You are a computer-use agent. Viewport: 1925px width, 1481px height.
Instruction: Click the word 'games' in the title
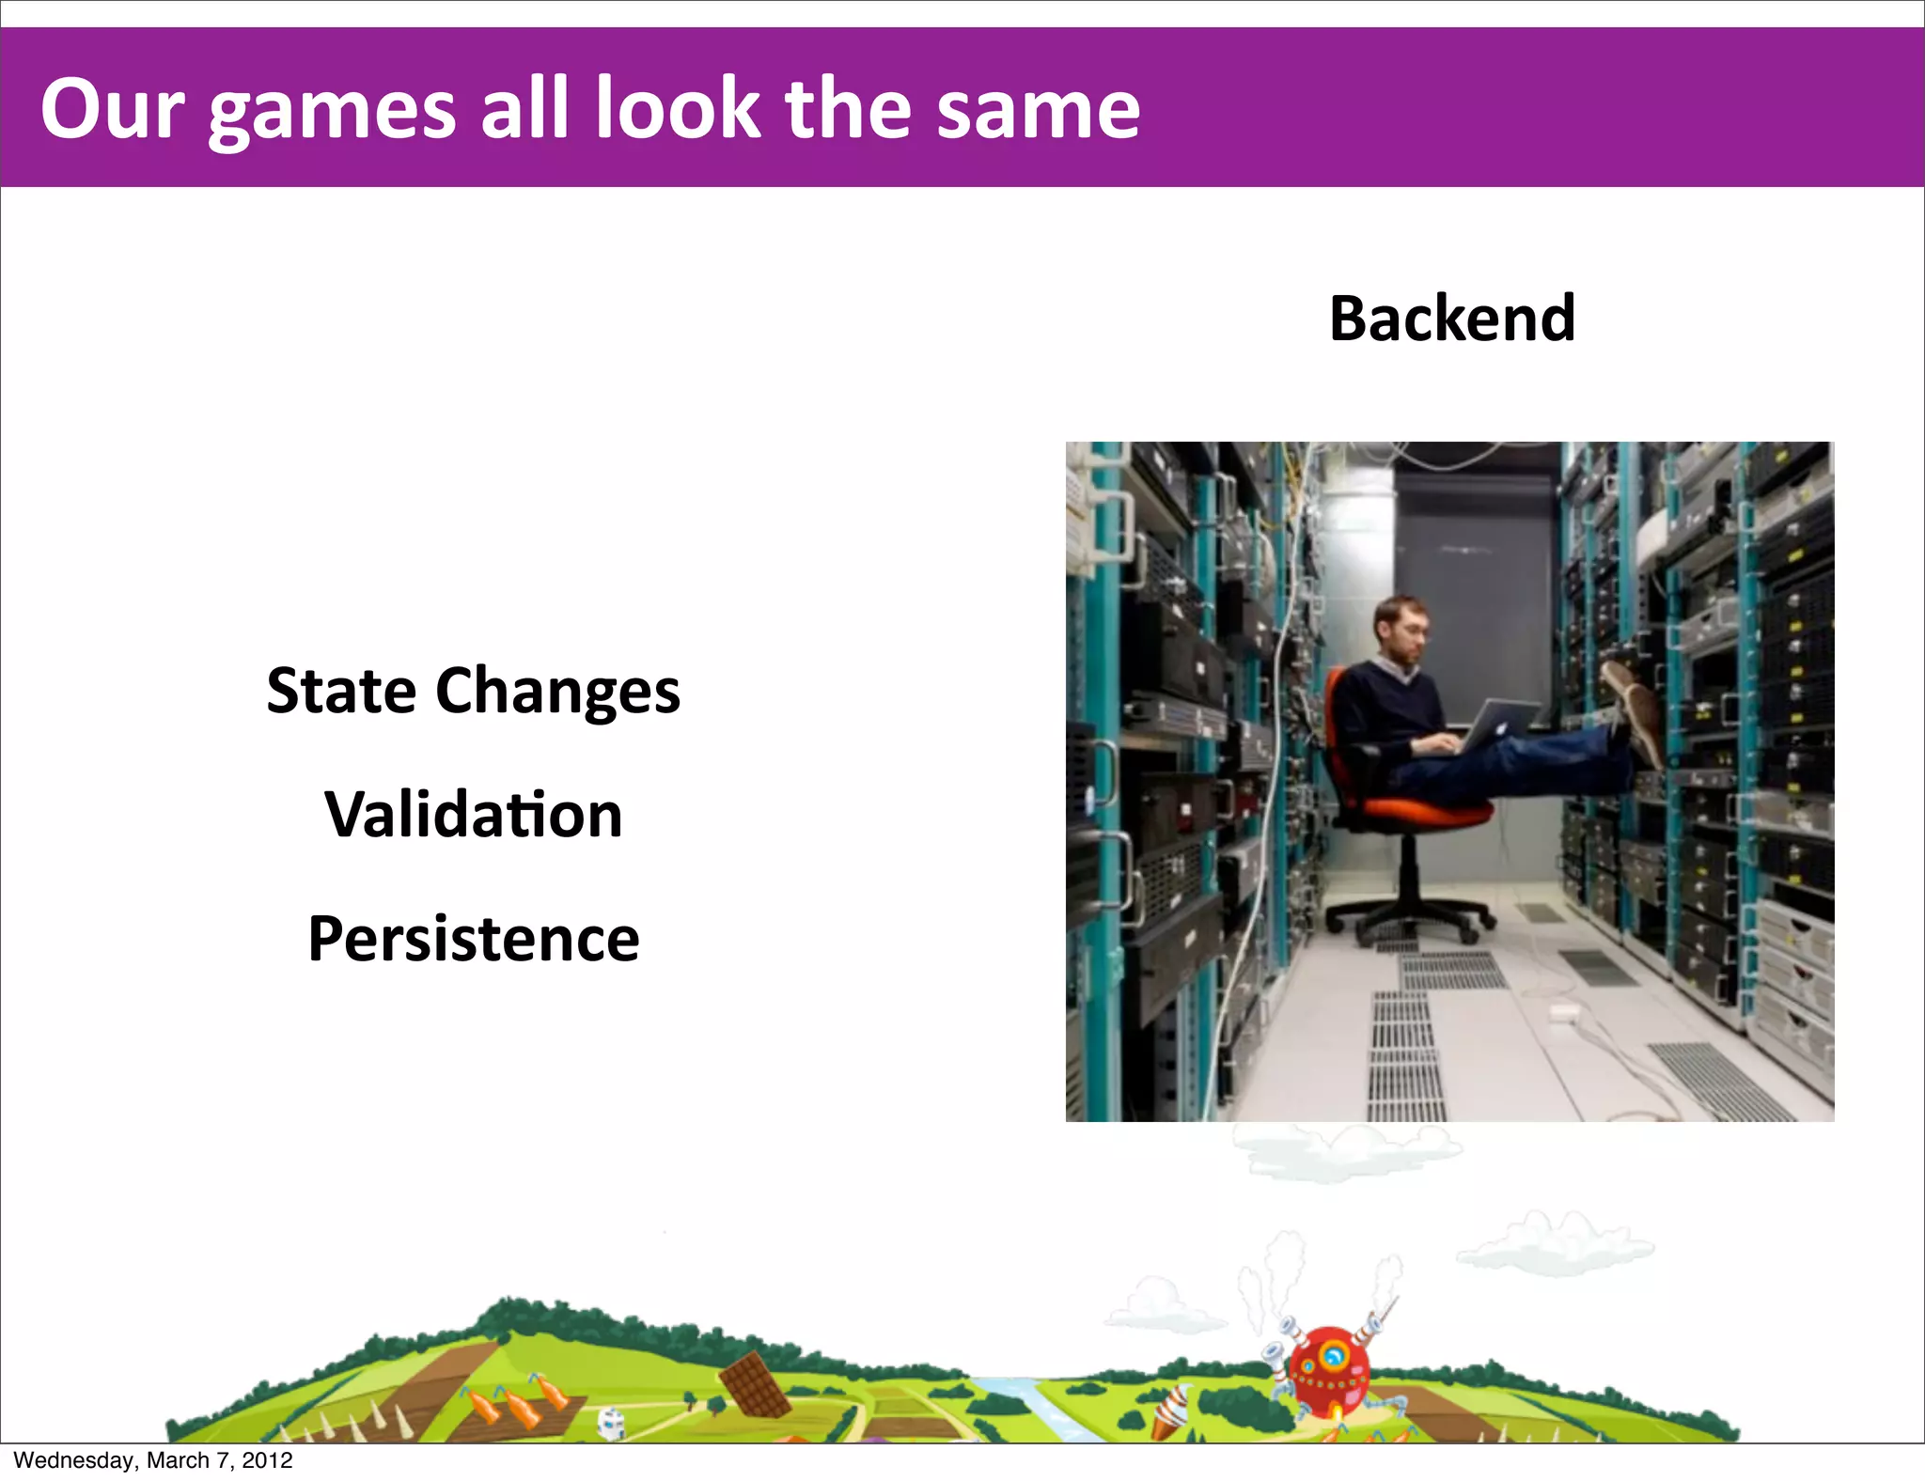332,111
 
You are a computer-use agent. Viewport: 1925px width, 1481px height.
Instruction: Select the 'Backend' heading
1452,319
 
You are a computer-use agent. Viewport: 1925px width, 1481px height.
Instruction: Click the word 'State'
341,691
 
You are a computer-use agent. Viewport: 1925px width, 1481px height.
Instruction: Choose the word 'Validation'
474,815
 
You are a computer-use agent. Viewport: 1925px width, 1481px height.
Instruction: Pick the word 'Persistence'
474,939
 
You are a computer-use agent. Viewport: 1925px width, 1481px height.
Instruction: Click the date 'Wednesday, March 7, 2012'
153,1460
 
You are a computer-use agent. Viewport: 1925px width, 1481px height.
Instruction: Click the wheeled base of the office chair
1410,916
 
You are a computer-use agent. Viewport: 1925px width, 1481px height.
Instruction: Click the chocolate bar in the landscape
755,1384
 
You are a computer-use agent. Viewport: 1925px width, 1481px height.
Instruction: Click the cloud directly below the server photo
1344,1151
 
